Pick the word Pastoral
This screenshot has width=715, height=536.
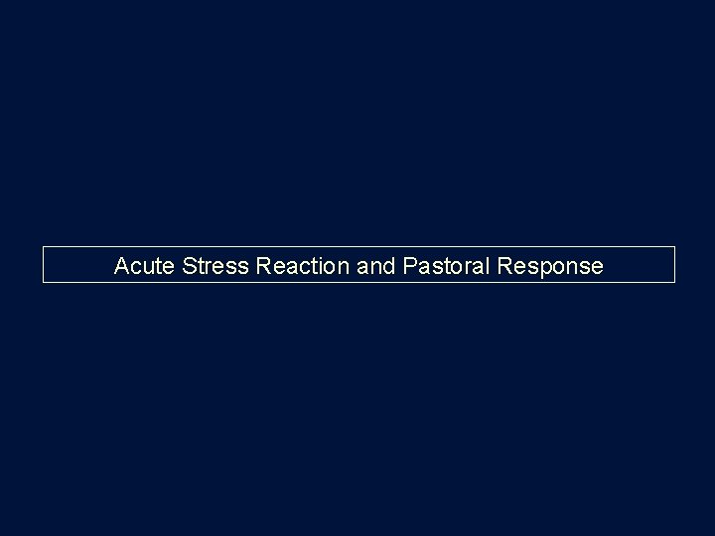tap(439, 266)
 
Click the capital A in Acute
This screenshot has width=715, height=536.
tap(122, 266)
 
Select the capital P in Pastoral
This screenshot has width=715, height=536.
tap(408, 266)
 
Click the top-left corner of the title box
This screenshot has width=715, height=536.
tap(43, 246)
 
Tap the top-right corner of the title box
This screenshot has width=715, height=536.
tap(674, 246)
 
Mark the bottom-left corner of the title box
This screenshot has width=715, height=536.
tap(43, 283)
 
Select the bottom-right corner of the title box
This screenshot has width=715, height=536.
tap(674, 283)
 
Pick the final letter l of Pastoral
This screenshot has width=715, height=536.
tap(474, 266)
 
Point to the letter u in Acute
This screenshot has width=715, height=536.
tap(149, 267)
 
